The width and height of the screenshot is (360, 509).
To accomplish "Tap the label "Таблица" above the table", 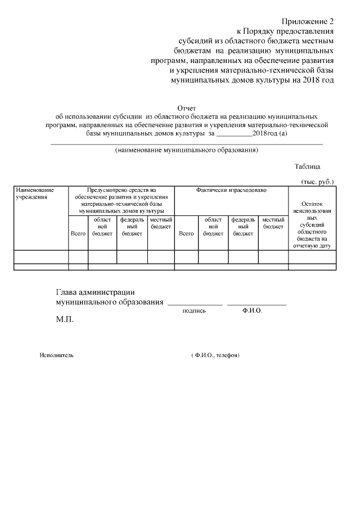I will tap(307, 166).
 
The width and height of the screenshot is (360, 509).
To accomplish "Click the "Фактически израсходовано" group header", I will tap(231, 191).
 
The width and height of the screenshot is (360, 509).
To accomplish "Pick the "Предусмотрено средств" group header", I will tap(121, 200).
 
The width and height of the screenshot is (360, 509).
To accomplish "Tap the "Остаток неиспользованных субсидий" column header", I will tap(312, 225).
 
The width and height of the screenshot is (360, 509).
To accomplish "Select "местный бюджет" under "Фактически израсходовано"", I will tap(273, 223).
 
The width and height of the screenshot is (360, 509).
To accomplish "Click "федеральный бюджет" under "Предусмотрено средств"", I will tap(132, 226).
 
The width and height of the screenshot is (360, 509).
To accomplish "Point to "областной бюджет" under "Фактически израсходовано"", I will tap(213, 226).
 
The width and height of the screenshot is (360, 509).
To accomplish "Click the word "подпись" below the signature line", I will tap(194, 310).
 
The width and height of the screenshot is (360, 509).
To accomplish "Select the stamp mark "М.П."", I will tap(65, 319).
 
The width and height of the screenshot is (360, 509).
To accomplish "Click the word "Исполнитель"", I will tap(56, 355).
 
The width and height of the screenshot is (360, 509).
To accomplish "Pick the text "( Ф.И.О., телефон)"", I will tap(215, 355).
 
